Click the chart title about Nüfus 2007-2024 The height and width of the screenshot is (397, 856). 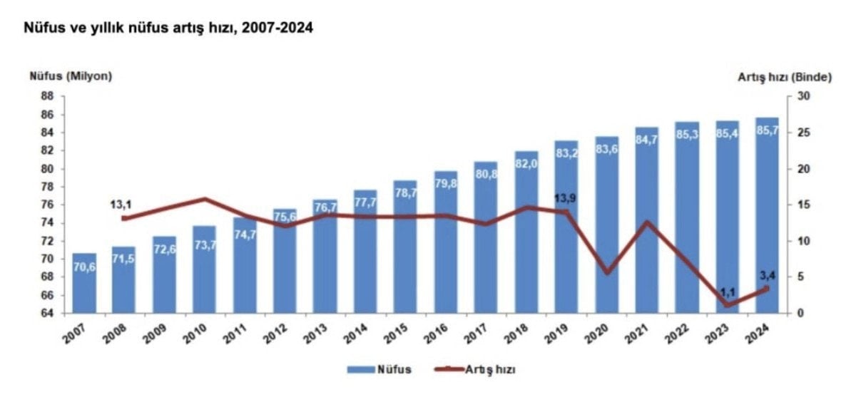pyautogui.click(x=169, y=29)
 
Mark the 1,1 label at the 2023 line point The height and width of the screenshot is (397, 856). pyautogui.click(x=727, y=292)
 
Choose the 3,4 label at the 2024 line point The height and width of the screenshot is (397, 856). pyautogui.click(x=767, y=275)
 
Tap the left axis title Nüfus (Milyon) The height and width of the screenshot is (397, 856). pyautogui.click(x=71, y=77)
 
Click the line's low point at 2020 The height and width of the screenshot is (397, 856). pyautogui.click(x=607, y=272)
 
